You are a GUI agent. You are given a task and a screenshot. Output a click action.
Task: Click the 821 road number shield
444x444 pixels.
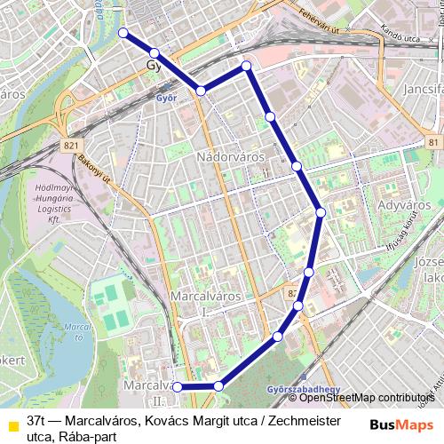pos(72,143)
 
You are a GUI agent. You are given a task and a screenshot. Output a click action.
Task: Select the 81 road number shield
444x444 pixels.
pos(432,142)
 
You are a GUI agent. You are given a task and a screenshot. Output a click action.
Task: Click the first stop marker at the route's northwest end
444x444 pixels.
pos(123,34)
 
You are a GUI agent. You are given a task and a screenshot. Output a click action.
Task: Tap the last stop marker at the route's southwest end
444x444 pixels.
pos(178,386)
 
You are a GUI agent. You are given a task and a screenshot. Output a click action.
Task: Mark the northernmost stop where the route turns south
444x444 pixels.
pos(246,66)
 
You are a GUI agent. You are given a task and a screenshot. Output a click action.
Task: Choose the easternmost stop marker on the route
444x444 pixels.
pos(321,211)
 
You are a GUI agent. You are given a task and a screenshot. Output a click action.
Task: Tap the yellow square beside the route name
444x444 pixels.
pos(12,424)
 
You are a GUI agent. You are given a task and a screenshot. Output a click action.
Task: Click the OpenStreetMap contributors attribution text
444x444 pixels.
pos(360,399)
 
